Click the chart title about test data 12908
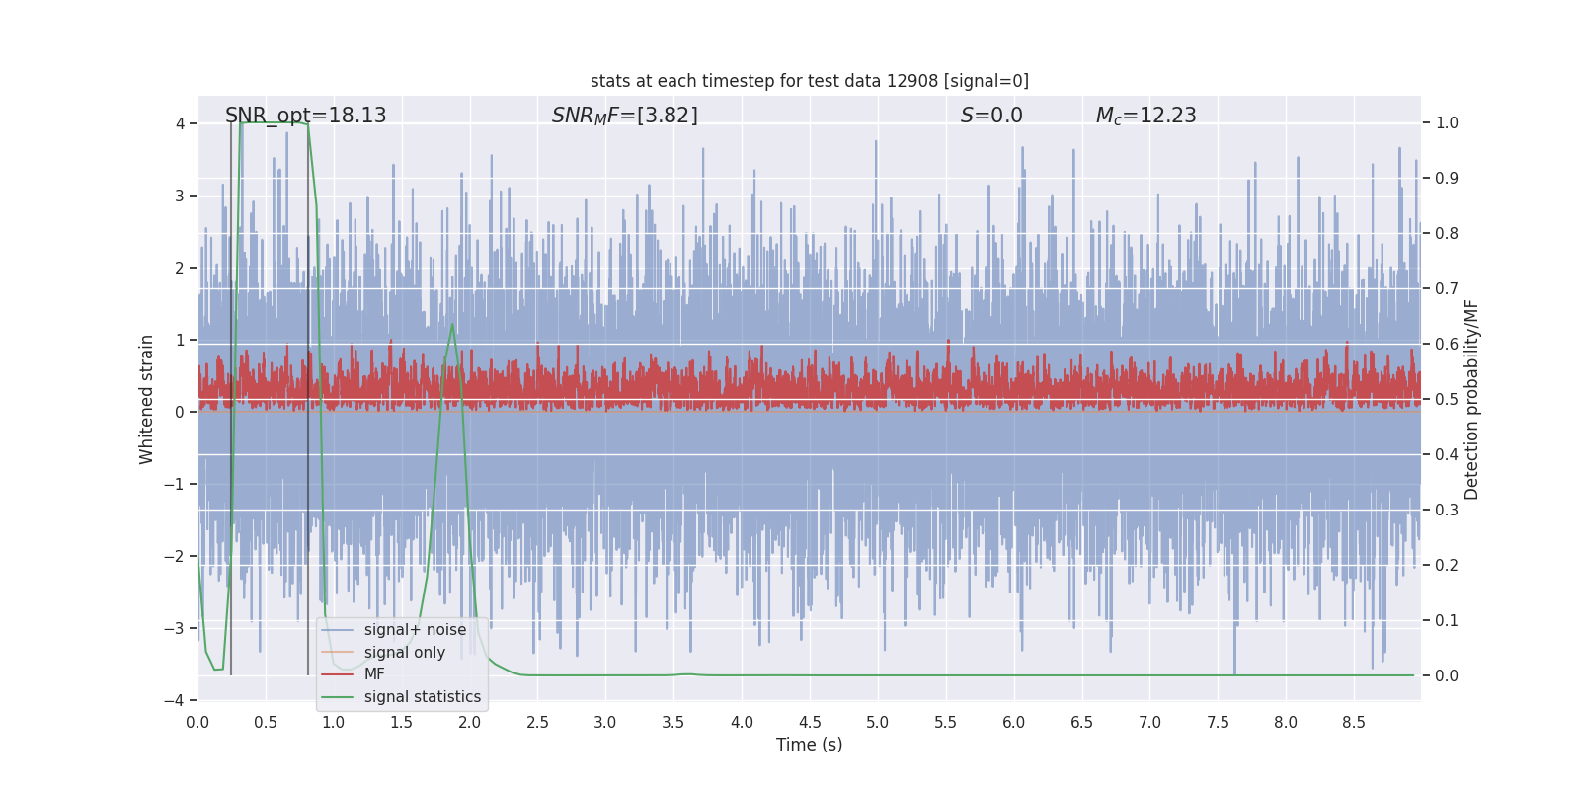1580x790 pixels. pyautogui.click(x=809, y=81)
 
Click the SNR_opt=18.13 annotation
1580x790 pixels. pyautogui.click(x=305, y=116)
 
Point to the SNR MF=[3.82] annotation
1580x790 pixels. pyautogui.click(x=624, y=116)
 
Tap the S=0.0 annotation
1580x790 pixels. pyautogui.click(x=991, y=116)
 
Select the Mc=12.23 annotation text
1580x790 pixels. pyautogui.click(x=1145, y=116)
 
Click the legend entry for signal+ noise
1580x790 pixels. pyautogui.click(x=414, y=630)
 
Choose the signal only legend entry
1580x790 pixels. pyautogui.click(x=404, y=653)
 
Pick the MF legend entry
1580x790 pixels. pyautogui.click(x=374, y=674)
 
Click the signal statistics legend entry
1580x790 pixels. pyautogui.click(x=422, y=697)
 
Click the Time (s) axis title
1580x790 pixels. pyautogui.click(x=809, y=745)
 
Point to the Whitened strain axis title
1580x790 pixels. pyautogui.click(x=147, y=399)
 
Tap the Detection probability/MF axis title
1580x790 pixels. pyautogui.click(x=1471, y=399)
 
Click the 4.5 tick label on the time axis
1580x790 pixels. pyautogui.click(x=810, y=723)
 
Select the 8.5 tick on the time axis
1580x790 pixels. pyautogui.click(x=1354, y=723)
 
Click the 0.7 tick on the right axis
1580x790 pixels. pyautogui.click(x=1446, y=289)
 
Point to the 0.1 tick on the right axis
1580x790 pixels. pyautogui.click(x=1446, y=621)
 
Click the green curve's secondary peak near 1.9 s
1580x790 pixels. pyautogui.click(x=452, y=324)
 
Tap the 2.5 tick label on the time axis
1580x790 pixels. pyautogui.click(x=537, y=723)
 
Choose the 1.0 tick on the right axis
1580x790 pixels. pyautogui.click(x=1446, y=123)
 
